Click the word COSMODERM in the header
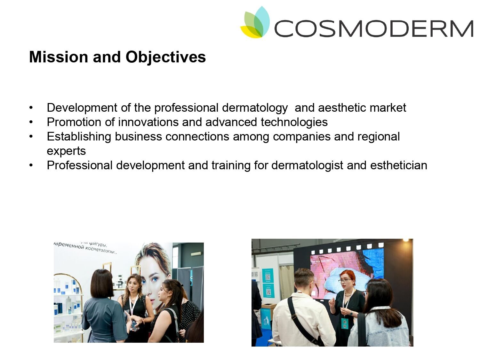pos(373,28)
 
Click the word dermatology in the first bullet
pos(254,108)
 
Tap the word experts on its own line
pos(66,151)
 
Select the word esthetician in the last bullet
pos(398,165)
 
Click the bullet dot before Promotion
pos(31,122)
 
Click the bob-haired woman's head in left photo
pos(102,283)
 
